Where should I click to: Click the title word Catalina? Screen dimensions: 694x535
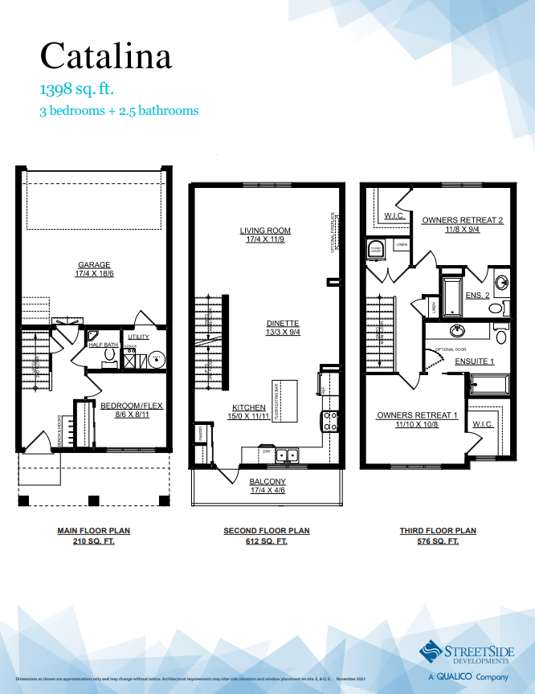(x=105, y=55)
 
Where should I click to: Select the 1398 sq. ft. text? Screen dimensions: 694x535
(x=82, y=88)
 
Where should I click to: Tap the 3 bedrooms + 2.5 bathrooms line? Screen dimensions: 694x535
(x=119, y=111)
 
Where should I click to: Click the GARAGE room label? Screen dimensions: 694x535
(x=94, y=265)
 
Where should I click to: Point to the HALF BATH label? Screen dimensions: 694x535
(x=104, y=345)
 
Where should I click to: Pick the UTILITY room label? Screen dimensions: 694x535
(x=139, y=337)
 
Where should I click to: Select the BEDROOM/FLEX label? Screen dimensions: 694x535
(x=131, y=406)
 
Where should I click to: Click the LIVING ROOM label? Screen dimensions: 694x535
(x=264, y=231)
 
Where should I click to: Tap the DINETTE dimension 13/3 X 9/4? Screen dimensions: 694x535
(x=283, y=333)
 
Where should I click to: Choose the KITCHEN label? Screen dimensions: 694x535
(x=249, y=407)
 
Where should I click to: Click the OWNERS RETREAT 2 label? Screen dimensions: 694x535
(x=463, y=219)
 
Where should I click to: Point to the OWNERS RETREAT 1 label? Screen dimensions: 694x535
(x=417, y=415)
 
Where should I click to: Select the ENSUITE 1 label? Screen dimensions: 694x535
(x=474, y=361)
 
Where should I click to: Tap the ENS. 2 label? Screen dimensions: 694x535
(x=477, y=296)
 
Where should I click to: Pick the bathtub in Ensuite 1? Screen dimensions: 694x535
(x=488, y=386)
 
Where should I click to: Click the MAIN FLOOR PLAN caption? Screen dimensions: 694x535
(x=94, y=531)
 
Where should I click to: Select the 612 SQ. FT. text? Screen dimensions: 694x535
(x=266, y=541)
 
